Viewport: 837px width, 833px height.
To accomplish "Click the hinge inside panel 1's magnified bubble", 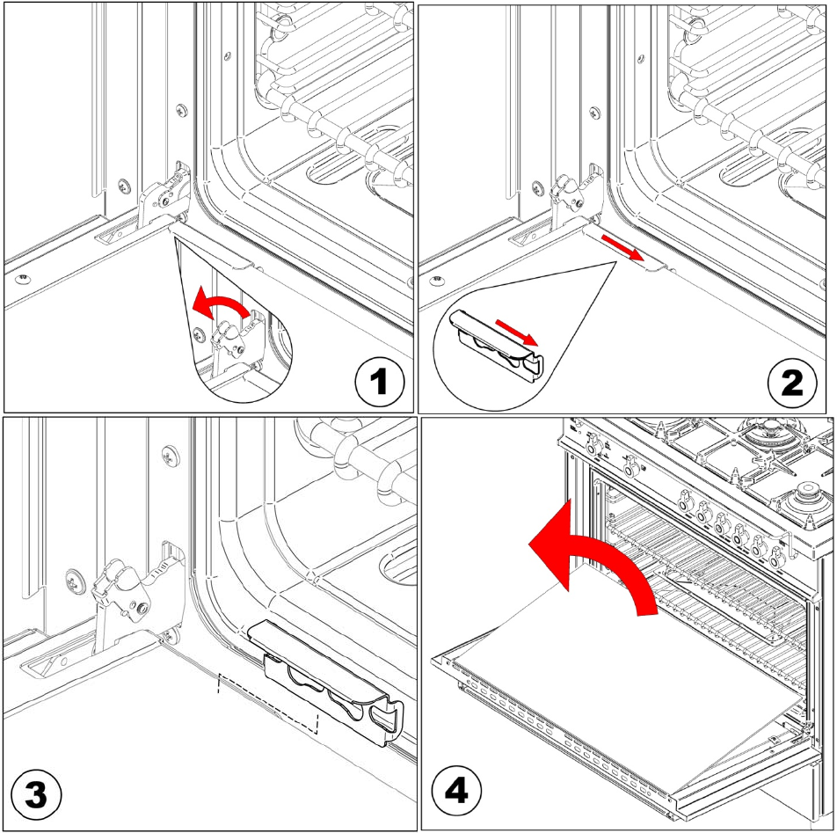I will pyautogui.click(x=230, y=339).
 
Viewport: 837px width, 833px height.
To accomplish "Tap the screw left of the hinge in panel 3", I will pyautogui.click(x=75, y=581).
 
